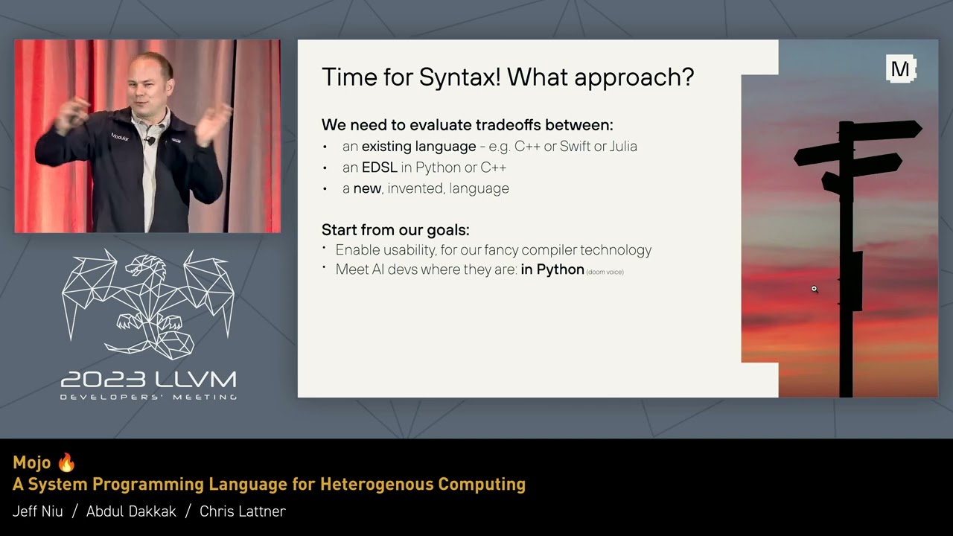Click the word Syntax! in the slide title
(x=460, y=77)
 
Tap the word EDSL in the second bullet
(x=380, y=167)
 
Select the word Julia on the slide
(x=623, y=147)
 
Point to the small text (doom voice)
(x=605, y=272)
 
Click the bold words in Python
(x=552, y=269)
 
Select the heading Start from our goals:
(x=395, y=230)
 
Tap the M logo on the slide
(x=901, y=68)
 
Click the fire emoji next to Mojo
(x=66, y=462)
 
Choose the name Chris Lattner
(x=243, y=511)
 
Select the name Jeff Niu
(x=37, y=511)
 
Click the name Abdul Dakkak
(x=131, y=511)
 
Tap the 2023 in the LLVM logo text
(x=103, y=380)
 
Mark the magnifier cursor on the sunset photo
(x=815, y=290)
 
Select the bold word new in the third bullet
(x=367, y=188)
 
